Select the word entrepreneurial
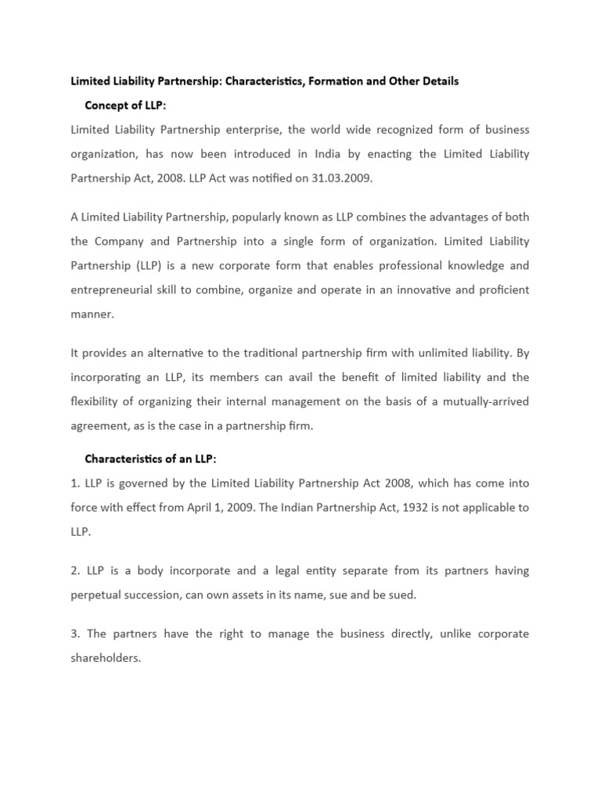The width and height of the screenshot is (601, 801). click(x=114, y=289)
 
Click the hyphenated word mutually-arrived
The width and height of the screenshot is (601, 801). click(x=486, y=401)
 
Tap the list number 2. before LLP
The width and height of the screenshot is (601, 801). click(x=75, y=570)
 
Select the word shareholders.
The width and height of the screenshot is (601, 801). click(x=105, y=658)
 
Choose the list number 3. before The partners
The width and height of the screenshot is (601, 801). click(x=75, y=634)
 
